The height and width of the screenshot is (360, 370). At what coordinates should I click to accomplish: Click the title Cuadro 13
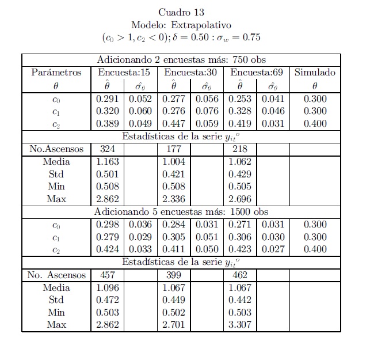point(181,13)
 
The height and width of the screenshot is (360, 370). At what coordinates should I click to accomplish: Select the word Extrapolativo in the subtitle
point(205,25)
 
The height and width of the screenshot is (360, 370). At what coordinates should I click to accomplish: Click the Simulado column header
point(314,73)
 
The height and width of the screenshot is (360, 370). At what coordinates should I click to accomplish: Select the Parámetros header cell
point(56,73)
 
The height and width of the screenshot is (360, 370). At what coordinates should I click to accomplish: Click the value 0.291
point(107,99)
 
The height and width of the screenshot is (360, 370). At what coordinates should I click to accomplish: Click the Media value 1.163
point(107,162)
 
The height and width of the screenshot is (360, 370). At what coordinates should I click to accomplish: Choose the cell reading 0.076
point(207,112)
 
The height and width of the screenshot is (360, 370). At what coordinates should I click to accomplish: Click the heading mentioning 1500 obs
point(181,212)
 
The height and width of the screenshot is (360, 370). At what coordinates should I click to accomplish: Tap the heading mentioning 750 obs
point(181,60)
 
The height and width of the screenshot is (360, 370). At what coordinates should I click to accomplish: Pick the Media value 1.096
point(107,287)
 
